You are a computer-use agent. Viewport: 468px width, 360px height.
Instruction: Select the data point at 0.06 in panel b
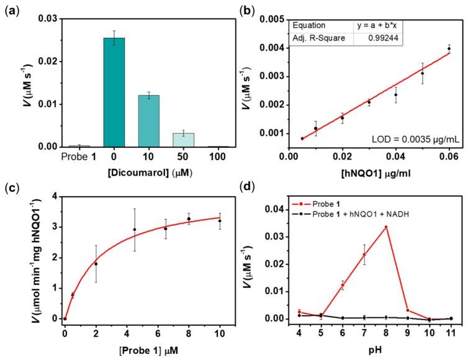pos(449,48)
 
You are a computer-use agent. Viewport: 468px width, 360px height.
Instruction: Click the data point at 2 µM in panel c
pos(96,264)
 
